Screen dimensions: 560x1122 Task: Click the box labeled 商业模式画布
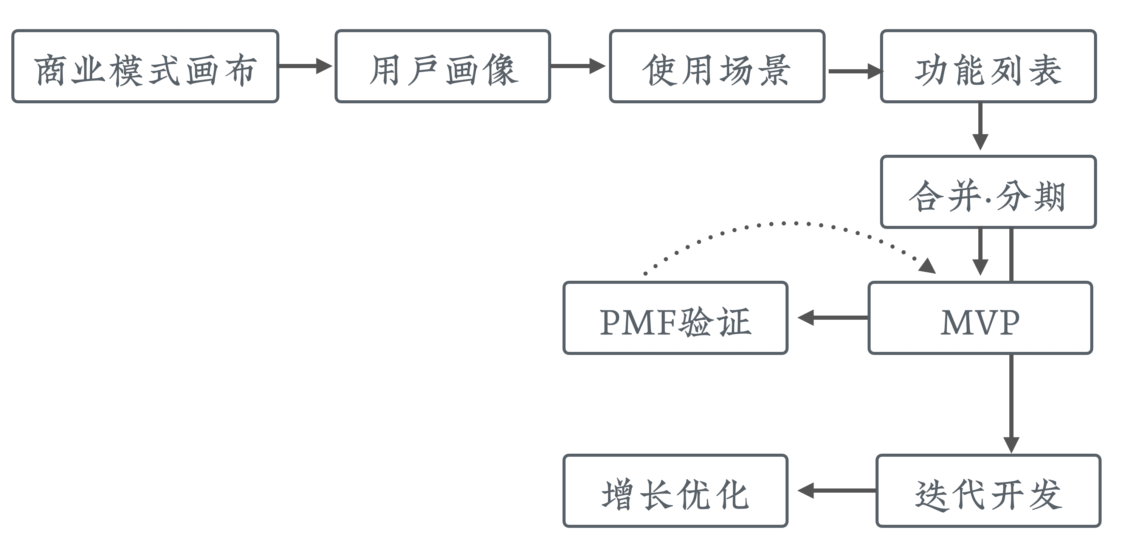(x=145, y=66)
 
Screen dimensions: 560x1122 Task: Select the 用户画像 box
(x=443, y=66)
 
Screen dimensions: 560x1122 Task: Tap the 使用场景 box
(x=717, y=66)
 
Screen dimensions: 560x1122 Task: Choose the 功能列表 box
(x=988, y=66)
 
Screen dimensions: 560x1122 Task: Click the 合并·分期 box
(x=988, y=192)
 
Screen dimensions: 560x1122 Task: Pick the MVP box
(x=980, y=318)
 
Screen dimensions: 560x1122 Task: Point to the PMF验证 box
(x=675, y=318)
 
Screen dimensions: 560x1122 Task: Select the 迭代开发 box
(x=988, y=491)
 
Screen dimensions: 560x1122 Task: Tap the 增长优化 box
(x=675, y=491)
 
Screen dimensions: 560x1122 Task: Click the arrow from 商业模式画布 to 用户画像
(x=305, y=66)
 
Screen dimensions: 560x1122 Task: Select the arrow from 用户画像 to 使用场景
(x=577, y=66)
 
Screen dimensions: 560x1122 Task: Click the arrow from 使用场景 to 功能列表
(x=854, y=71)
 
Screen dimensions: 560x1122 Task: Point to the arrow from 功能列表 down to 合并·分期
(x=980, y=126)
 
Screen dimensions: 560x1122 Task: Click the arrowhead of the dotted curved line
(x=928, y=266)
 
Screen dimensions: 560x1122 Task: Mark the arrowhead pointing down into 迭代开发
(x=1011, y=445)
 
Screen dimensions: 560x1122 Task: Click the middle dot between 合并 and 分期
(x=988, y=200)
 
